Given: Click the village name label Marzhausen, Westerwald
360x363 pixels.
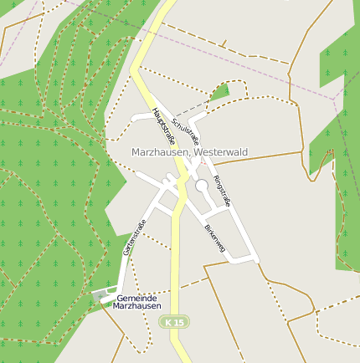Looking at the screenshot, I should (x=190, y=152).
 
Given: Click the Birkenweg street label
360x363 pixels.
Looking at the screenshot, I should (x=215, y=238).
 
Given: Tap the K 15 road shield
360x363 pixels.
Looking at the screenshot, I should (x=174, y=322).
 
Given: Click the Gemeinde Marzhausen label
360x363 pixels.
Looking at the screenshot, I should (x=136, y=302).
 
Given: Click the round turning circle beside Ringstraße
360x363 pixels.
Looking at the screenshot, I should (x=202, y=186).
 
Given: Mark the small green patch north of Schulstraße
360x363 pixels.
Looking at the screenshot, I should (x=219, y=91).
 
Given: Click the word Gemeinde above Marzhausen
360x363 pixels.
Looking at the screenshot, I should (x=136, y=298).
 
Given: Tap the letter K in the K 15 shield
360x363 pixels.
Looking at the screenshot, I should (x=169, y=322).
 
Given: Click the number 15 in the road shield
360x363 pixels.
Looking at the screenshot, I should (x=178, y=322).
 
